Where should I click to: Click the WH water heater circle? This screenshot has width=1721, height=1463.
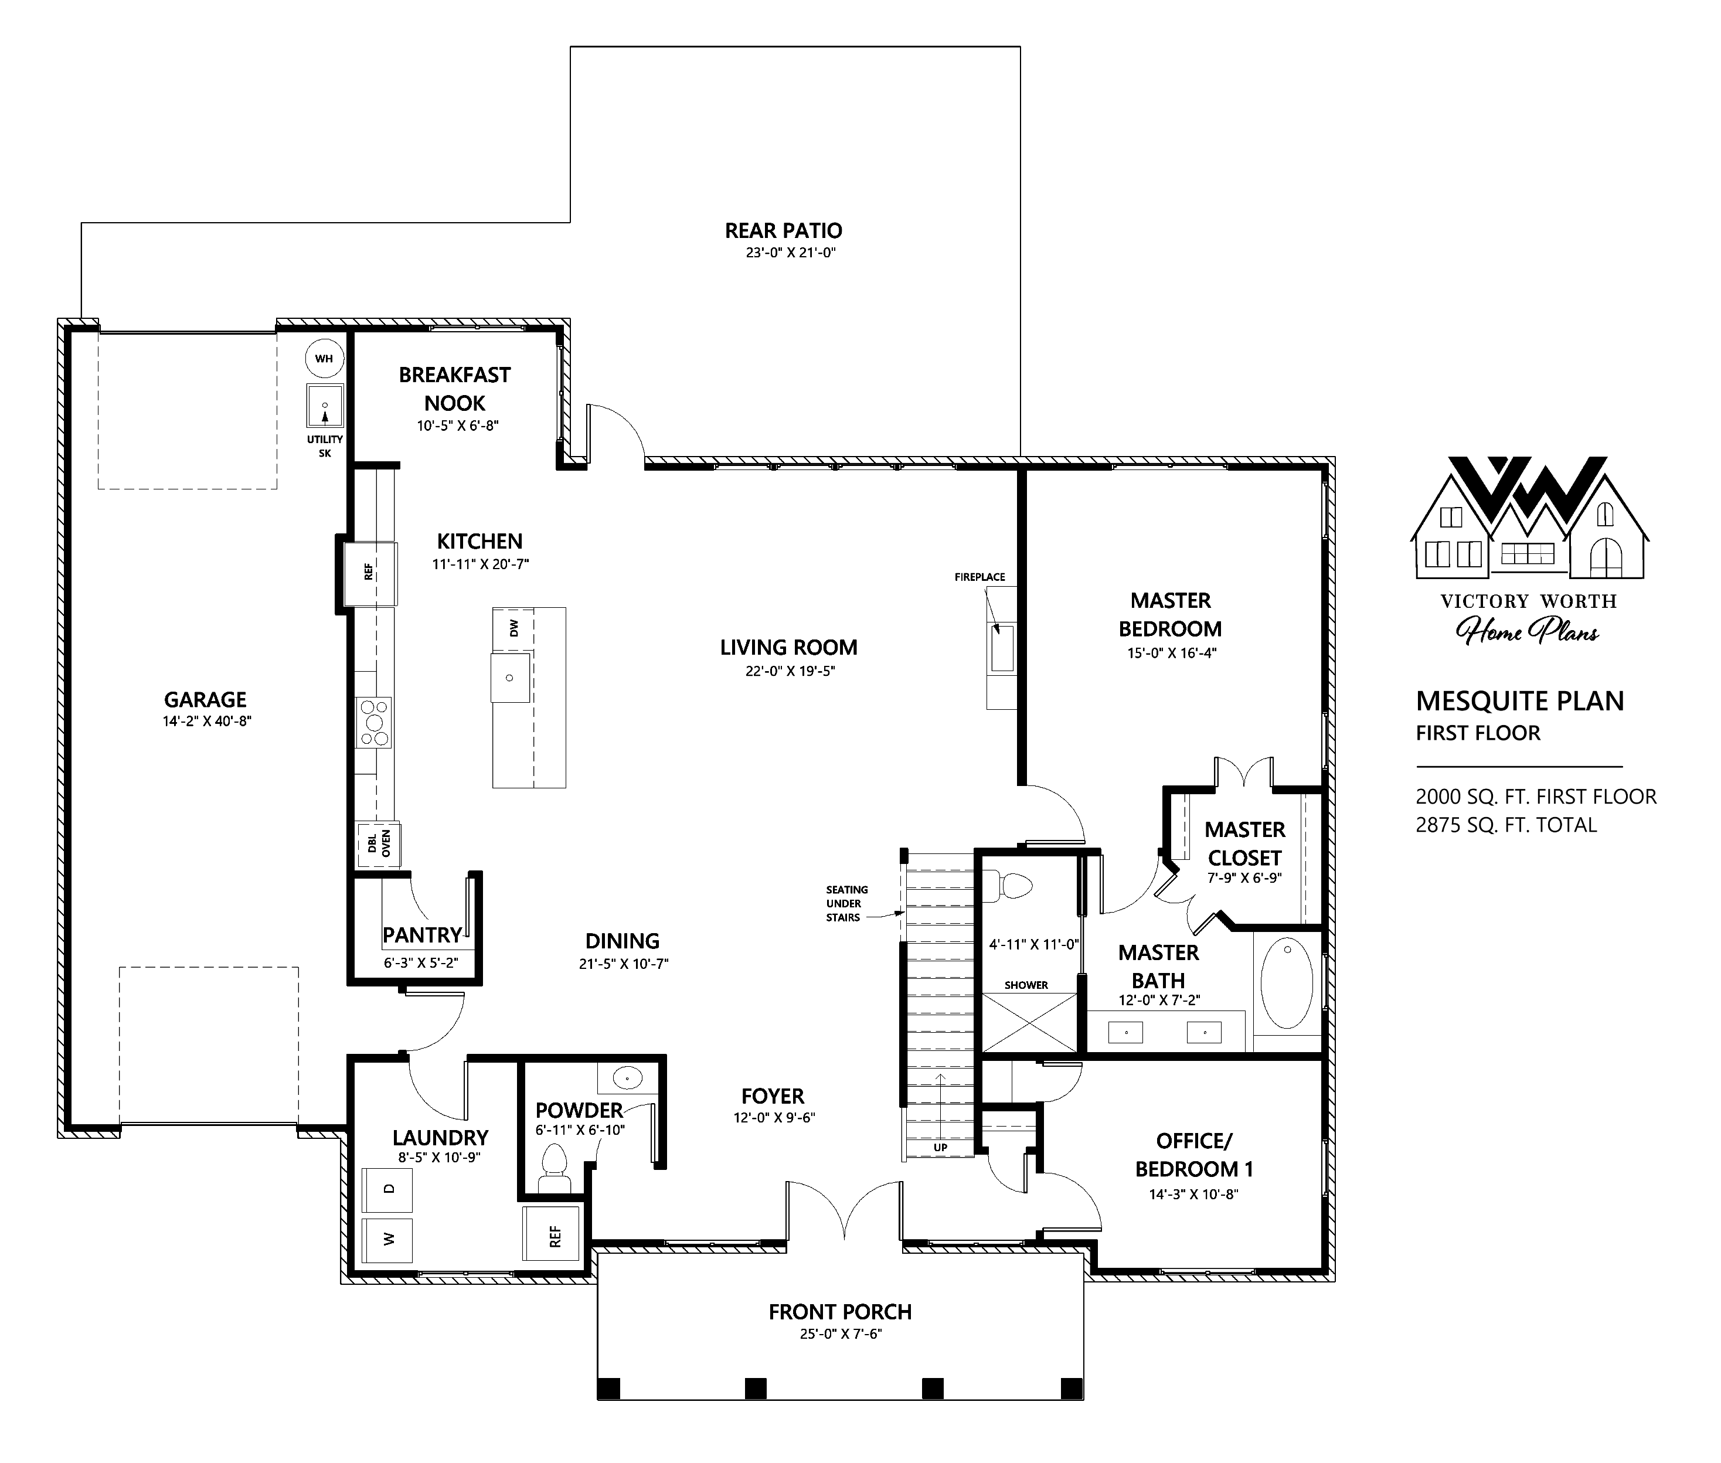click(324, 358)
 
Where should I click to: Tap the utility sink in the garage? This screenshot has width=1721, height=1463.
click(325, 406)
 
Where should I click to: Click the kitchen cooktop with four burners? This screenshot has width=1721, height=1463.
click(373, 722)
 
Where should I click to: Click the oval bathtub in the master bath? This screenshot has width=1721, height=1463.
click(1287, 983)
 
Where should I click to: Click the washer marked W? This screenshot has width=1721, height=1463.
click(387, 1239)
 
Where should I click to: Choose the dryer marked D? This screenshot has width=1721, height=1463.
click(387, 1189)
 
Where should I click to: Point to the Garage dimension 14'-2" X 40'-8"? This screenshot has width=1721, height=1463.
click(206, 722)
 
